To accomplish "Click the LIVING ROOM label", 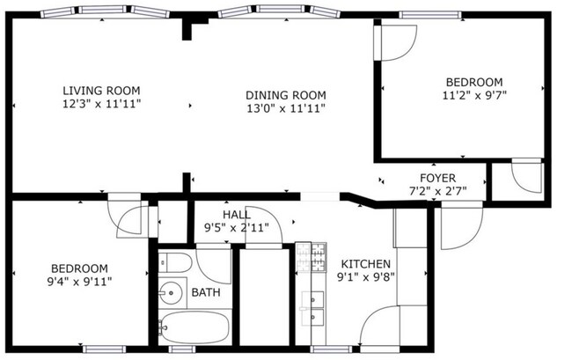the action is click(101, 91).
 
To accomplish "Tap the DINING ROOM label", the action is click(286, 95).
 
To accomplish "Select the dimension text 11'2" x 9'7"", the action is click(474, 96).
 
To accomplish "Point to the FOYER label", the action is click(437, 178).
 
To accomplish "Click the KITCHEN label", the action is click(365, 264).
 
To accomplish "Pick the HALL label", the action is click(237, 215).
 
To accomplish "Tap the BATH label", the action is click(206, 292).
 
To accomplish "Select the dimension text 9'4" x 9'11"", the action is click(79, 282).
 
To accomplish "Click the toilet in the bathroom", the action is click(175, 262).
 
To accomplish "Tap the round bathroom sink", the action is click(171, 292).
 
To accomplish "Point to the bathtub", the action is click(194, 327).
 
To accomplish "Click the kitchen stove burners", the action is click(311, 257).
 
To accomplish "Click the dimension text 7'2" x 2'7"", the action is click(437, 191).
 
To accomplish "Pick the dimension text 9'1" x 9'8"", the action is click(366, 277).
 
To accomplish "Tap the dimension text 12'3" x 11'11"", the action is click(101, 104).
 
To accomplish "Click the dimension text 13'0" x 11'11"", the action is click(286, 108).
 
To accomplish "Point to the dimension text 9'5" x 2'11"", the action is click(237, 228).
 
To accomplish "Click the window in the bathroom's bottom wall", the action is click(182, 349).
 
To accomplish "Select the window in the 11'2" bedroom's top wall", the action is click(430, 15).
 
